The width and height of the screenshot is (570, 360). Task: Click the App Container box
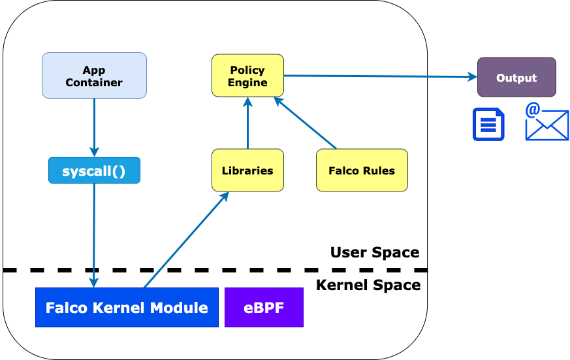click(94, 76)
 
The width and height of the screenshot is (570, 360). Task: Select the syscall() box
click(94, 171)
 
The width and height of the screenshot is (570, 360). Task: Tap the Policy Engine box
click(247, 76)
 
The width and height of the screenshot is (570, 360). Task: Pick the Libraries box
click(247, 171)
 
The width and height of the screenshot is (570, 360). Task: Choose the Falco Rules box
click(362, 171)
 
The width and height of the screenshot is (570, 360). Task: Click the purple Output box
click(516, 77)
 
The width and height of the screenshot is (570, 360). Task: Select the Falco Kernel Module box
click(127, 307)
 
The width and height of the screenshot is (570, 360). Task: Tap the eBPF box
click(264, 307)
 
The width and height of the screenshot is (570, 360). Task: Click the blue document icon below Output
click(488, 124)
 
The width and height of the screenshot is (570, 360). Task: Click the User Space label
click(374, 252)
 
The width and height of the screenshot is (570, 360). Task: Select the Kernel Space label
click(368, 285)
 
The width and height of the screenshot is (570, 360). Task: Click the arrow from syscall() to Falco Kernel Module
click(94, 235)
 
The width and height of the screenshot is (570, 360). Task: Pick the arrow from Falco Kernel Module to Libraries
click(185, 240)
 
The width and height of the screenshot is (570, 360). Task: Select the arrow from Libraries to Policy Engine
click(247, 124)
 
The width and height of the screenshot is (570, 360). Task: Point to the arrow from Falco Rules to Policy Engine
click(305, 123)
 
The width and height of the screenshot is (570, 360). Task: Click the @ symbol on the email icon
click(533, 110)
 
